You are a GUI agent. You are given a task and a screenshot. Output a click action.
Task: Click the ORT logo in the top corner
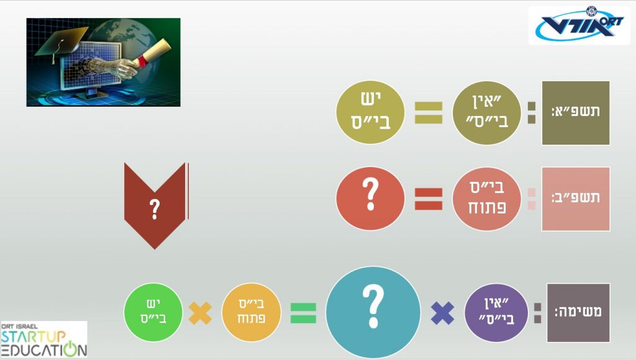pos(579,25)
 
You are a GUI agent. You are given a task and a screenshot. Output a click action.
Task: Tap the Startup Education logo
pos(44,340)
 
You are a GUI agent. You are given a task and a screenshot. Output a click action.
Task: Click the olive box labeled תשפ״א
pos(576,113)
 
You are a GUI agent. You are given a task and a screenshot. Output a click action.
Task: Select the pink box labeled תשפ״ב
pos(576,199)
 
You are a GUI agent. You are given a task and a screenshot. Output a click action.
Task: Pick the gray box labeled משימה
pos(578,313)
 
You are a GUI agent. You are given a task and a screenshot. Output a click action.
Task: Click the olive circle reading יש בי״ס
pos(370,112)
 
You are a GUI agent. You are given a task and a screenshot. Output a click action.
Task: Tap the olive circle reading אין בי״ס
pos(486,112)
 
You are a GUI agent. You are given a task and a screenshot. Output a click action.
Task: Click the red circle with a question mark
pos(370,199)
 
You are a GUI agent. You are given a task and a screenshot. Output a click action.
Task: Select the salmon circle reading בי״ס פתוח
pos(486,199)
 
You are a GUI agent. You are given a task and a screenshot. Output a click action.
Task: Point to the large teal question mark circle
pos(373,313)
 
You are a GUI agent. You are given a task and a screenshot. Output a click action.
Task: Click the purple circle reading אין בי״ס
pos(496,313)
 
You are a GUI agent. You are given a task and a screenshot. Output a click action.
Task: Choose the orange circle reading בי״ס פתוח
pos(251,312)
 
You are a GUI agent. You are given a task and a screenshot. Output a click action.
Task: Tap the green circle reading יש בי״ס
pos(153,312)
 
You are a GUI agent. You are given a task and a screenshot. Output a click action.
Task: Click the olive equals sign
pos(429,112)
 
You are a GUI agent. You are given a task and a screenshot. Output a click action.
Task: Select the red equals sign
pos(429,199)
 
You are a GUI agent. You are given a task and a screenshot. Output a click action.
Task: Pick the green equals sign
pos(303,313)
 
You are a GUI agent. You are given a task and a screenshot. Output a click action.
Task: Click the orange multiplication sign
pos(201,313)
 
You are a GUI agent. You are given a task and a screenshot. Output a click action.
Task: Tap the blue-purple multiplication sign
pos(442,313)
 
